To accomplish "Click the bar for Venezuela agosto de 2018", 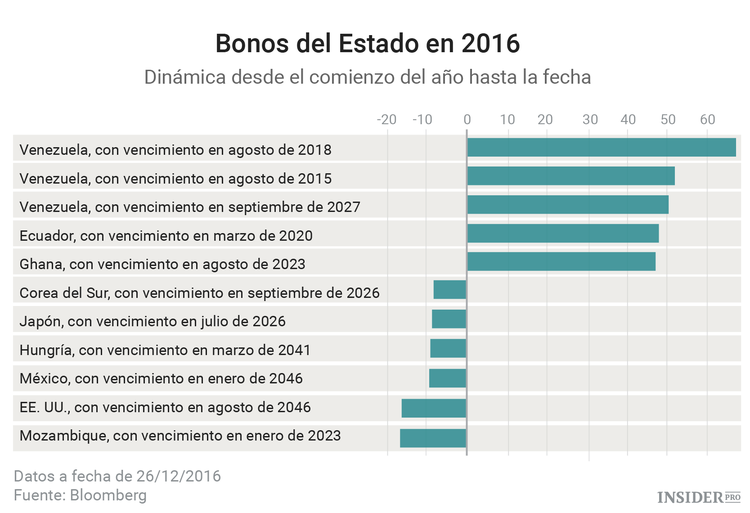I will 601,148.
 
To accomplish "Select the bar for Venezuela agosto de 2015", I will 570,177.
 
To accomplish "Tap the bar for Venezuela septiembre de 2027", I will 567,205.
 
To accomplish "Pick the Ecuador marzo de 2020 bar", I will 562,234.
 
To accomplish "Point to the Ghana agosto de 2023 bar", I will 561,262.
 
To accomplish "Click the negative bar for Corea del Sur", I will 450,291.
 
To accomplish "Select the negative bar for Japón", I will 449,320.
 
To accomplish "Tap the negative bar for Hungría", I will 448,349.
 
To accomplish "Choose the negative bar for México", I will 448,378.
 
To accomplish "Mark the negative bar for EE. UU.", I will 434,408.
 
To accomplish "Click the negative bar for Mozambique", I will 433,437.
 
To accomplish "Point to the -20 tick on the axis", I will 386,120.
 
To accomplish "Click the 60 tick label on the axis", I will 707,120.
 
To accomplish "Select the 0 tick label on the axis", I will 467,120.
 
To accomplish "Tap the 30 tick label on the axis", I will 589,120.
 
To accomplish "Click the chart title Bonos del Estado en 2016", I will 368,44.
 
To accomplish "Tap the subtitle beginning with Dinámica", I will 368,77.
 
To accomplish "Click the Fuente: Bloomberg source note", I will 80,495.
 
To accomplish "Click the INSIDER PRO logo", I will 698,496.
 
